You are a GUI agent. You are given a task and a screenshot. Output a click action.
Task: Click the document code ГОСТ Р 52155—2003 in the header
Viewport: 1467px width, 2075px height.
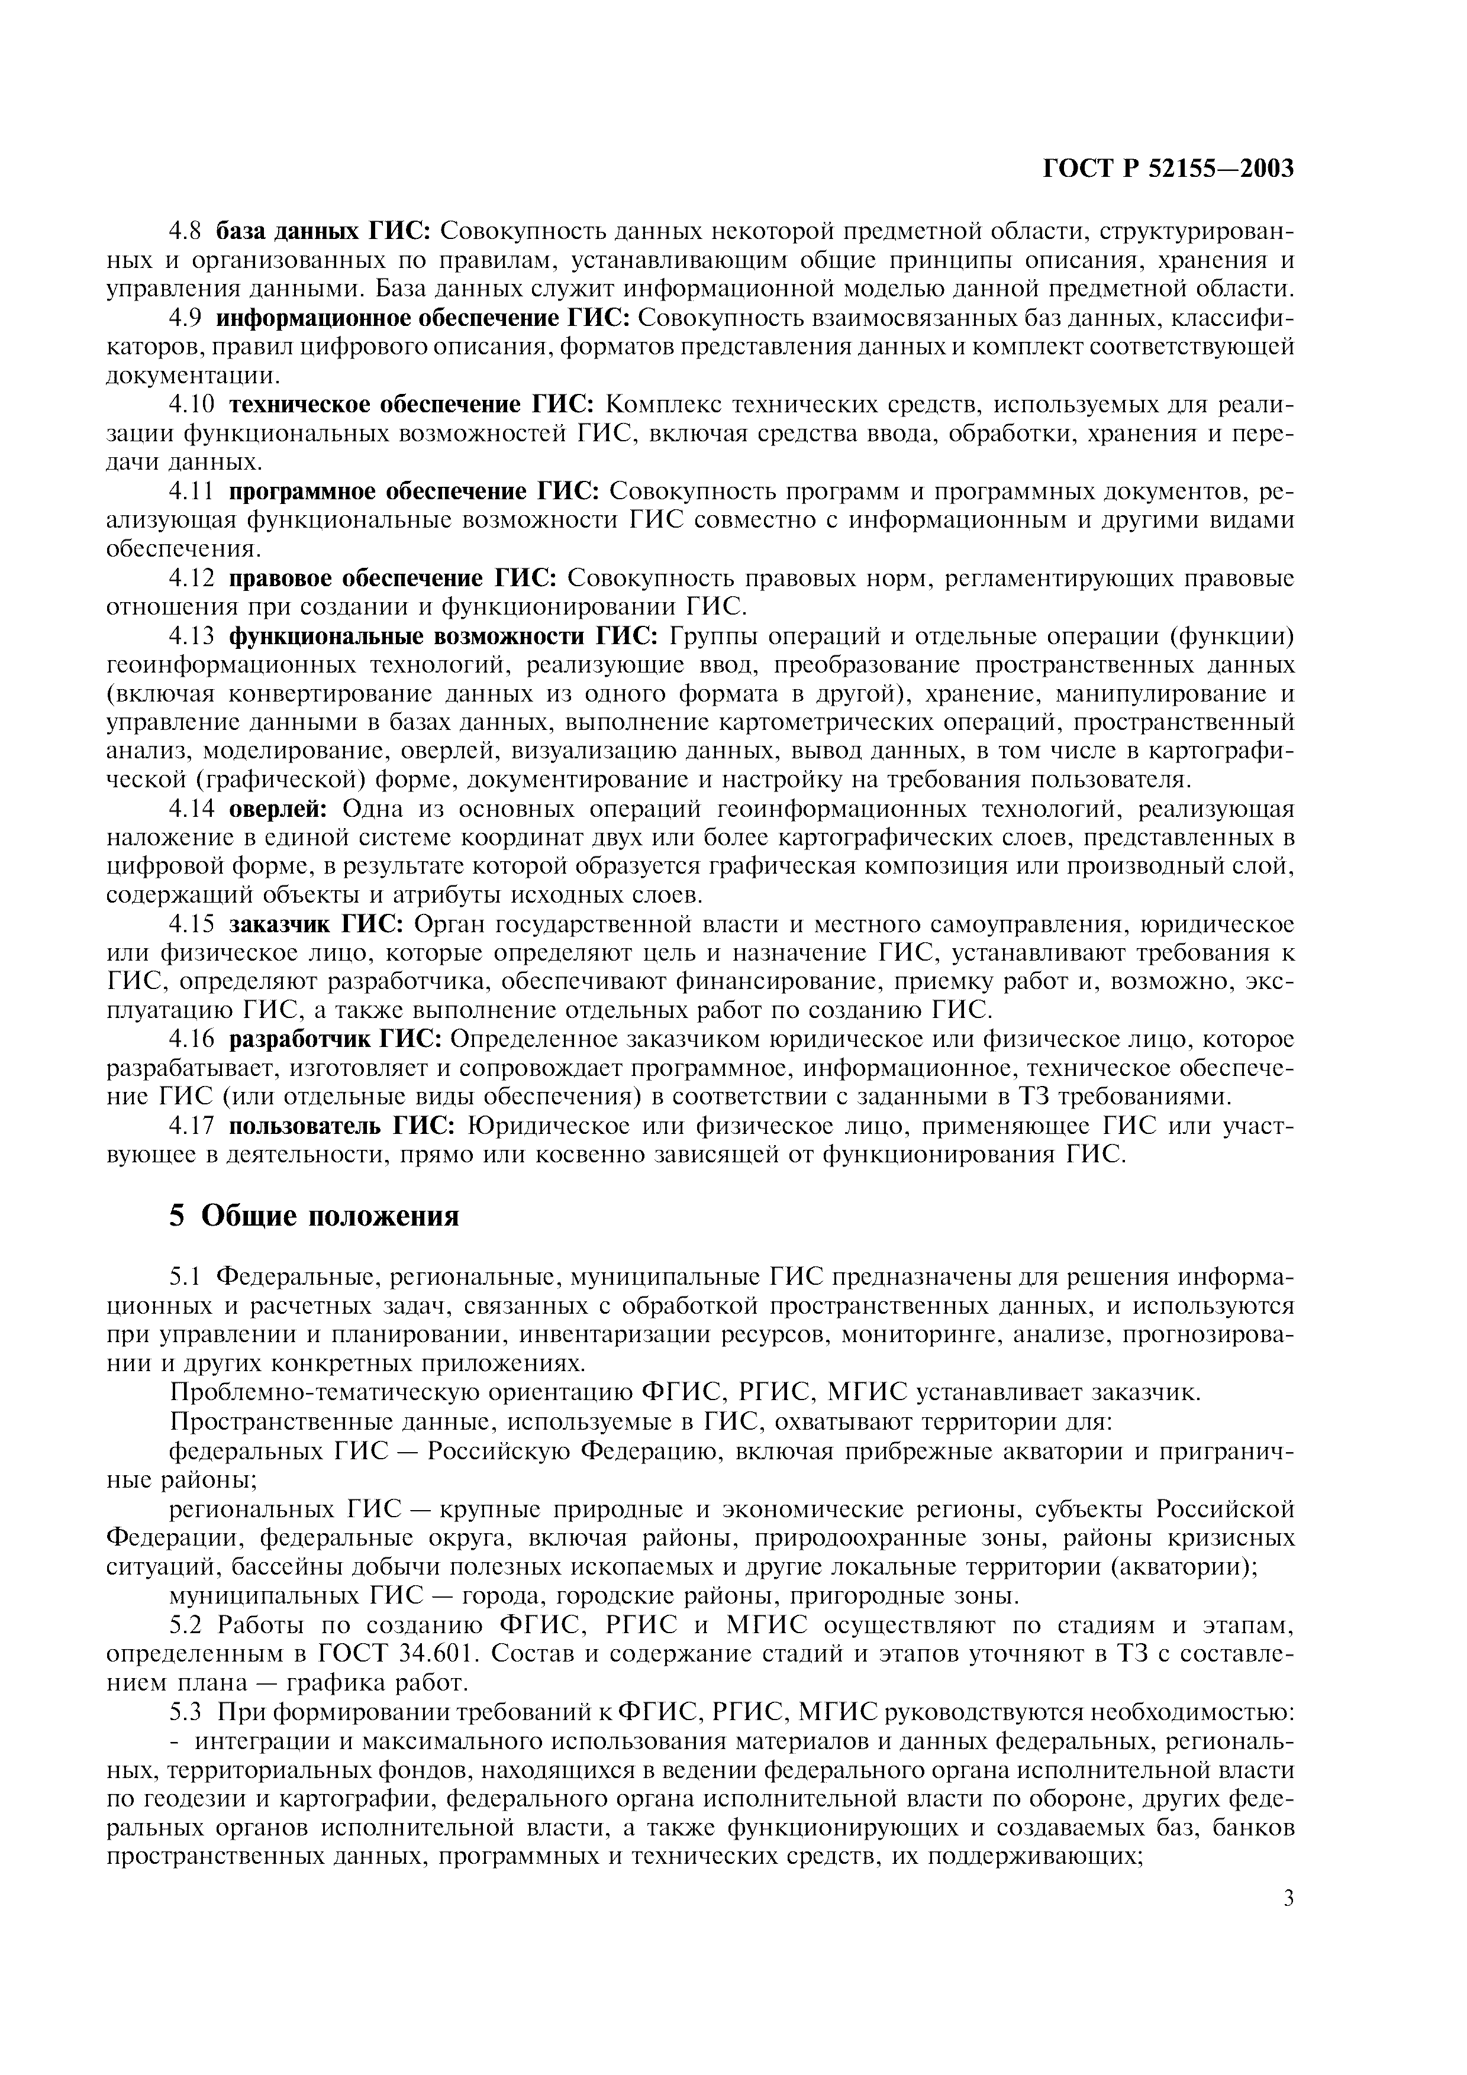point(1169,169)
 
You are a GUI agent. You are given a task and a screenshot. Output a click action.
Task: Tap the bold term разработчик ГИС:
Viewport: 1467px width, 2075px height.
point(336,1040)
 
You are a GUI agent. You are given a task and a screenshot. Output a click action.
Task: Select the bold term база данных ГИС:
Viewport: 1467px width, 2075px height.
point(324,231)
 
